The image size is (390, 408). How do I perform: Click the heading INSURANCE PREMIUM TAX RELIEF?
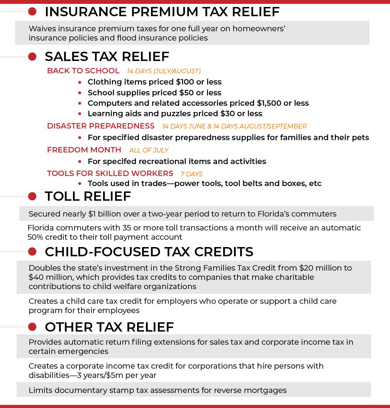click(162, 12)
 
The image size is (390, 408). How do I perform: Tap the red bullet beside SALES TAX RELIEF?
click(32, 57)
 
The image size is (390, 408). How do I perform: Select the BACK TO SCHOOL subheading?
click(83, 71)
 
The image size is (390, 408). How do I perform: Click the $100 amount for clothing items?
click(188, 82)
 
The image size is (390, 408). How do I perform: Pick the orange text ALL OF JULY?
click(149, 150)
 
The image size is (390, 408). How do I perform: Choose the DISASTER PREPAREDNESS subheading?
click(101, 126)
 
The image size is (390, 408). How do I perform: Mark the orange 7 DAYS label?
click(192, 174)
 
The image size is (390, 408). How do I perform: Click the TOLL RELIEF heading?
click(88, 196)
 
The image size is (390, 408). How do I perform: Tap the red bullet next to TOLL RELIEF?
click(32, 196)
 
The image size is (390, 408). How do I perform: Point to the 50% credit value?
click(36, 237)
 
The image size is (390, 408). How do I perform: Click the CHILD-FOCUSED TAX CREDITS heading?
click(149, 252)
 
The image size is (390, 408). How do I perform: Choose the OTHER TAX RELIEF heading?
click(109, 327)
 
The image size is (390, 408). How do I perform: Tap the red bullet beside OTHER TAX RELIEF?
click(32, 327)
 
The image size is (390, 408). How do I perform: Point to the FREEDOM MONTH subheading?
click(84, 150)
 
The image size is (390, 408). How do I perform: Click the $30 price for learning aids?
click(222, 113)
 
